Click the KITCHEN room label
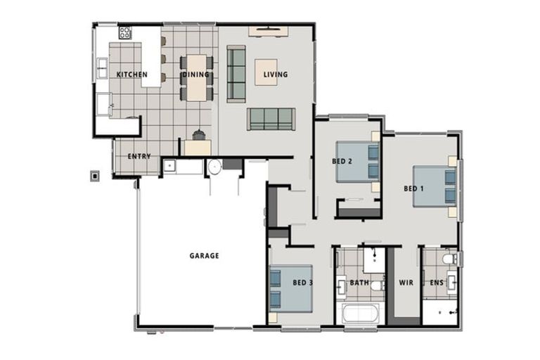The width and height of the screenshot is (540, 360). (x=131, y=74)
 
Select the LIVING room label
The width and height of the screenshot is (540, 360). (x=276, y=74)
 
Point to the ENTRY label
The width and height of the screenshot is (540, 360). (x=139, y=156)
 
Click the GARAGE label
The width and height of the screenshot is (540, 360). (x=204, y=256)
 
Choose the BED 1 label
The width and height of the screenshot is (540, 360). (x=413, y=188)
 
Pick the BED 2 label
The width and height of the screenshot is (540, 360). (x=342, y=161)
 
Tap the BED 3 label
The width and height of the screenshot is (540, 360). (x=302, y=283)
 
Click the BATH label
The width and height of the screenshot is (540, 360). (x=359, y=283)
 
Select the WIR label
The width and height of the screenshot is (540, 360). (x=406, y=283)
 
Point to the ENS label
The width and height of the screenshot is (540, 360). (x=436, y=283)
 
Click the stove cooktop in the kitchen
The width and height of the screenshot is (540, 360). (x=125, y=32)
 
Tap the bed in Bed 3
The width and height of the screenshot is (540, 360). (x=290, y=288)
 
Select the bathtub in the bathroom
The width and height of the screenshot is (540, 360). (x=361, y=314)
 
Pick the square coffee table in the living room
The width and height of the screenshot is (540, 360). (x=266, y=71)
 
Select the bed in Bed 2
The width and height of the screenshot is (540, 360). (x=357, y=162)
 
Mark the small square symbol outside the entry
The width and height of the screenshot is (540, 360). (x=94, y=176)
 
